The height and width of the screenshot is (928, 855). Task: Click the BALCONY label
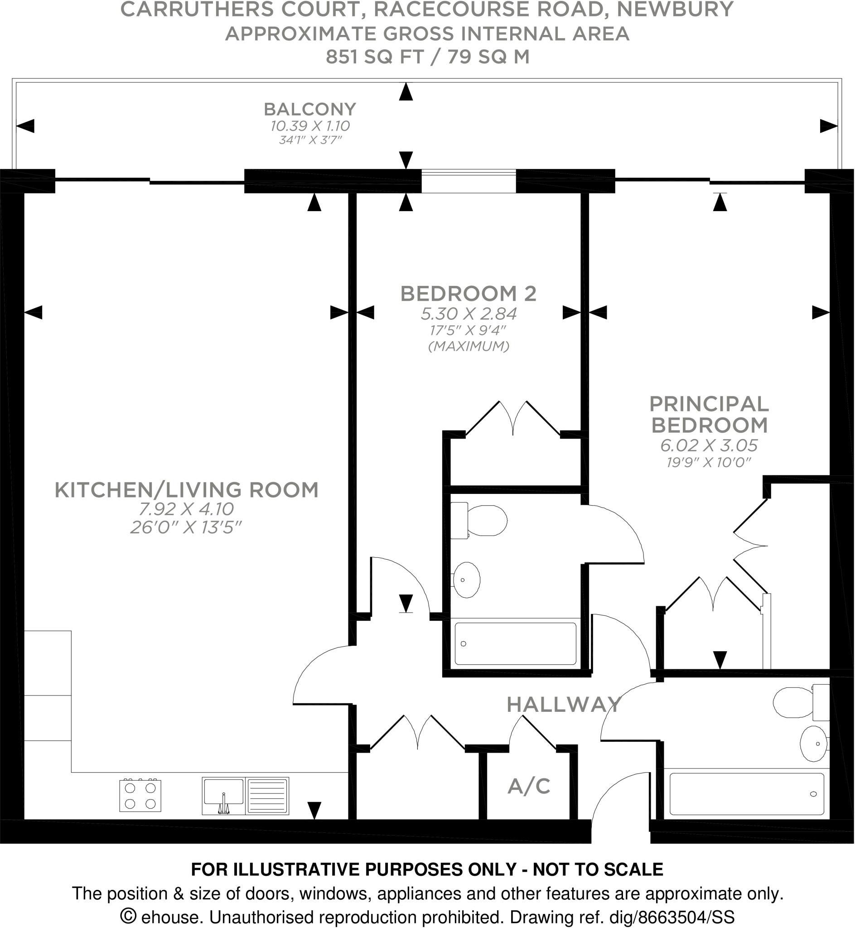pos(309,109)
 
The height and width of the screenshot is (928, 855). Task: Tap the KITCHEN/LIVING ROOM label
pos(187,490)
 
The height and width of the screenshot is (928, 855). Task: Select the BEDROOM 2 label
pos(468,293)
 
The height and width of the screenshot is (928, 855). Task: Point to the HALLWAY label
pos(563,704)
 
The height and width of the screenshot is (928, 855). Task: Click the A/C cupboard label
pos(529,786)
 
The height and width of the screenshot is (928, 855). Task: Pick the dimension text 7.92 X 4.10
pos(187,509)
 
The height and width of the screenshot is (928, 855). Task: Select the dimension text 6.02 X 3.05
pos(709,445)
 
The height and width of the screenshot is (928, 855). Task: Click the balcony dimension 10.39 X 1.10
pos(309,126)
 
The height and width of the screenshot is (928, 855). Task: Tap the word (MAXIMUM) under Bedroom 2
pos(468,346)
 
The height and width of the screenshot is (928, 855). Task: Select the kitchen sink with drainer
pos(245,796)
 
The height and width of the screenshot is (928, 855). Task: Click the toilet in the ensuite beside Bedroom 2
pos(481,521)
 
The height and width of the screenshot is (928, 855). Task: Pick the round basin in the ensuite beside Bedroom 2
pos(466,580)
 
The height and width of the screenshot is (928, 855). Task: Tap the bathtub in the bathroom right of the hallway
pos(747,794)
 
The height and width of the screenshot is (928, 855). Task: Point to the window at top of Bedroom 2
pos(468,181)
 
